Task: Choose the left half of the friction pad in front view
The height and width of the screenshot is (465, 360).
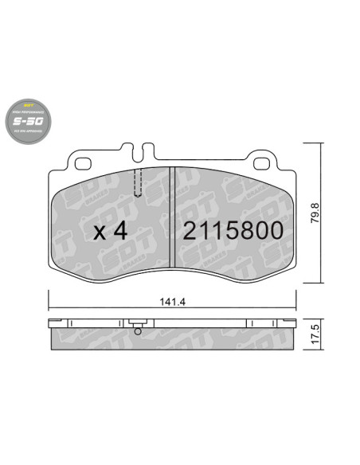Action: (x=112, y=223)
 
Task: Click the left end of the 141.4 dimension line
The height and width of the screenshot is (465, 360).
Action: (x=49, y=310)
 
